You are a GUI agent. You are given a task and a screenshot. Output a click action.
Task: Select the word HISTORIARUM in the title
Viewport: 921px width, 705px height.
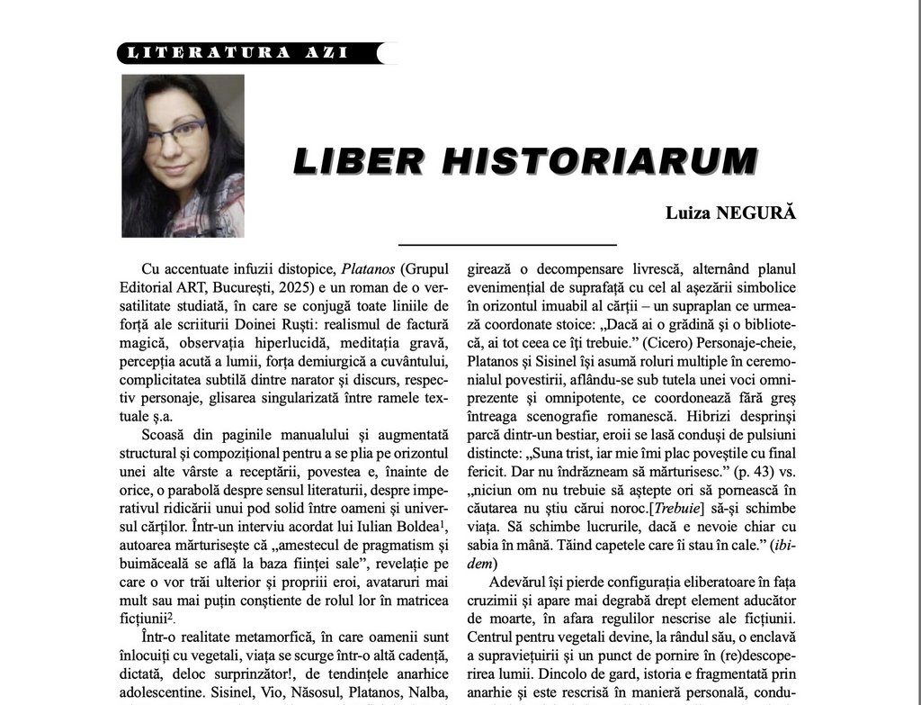[600, 160]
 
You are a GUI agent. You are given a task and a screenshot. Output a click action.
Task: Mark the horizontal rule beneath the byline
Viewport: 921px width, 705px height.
[507, 244]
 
